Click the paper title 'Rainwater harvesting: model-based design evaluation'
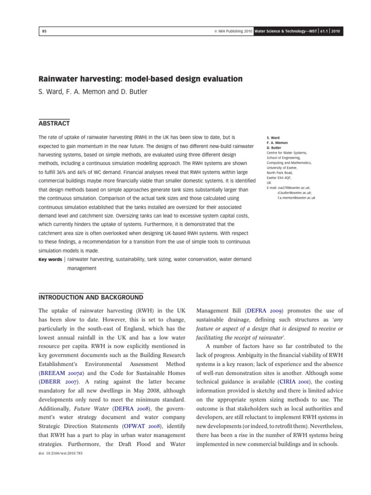[140, 79]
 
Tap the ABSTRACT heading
[54, 124]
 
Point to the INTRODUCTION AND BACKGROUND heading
[90, 297]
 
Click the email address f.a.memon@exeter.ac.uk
[297, 198]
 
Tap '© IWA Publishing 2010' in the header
[236, 31]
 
